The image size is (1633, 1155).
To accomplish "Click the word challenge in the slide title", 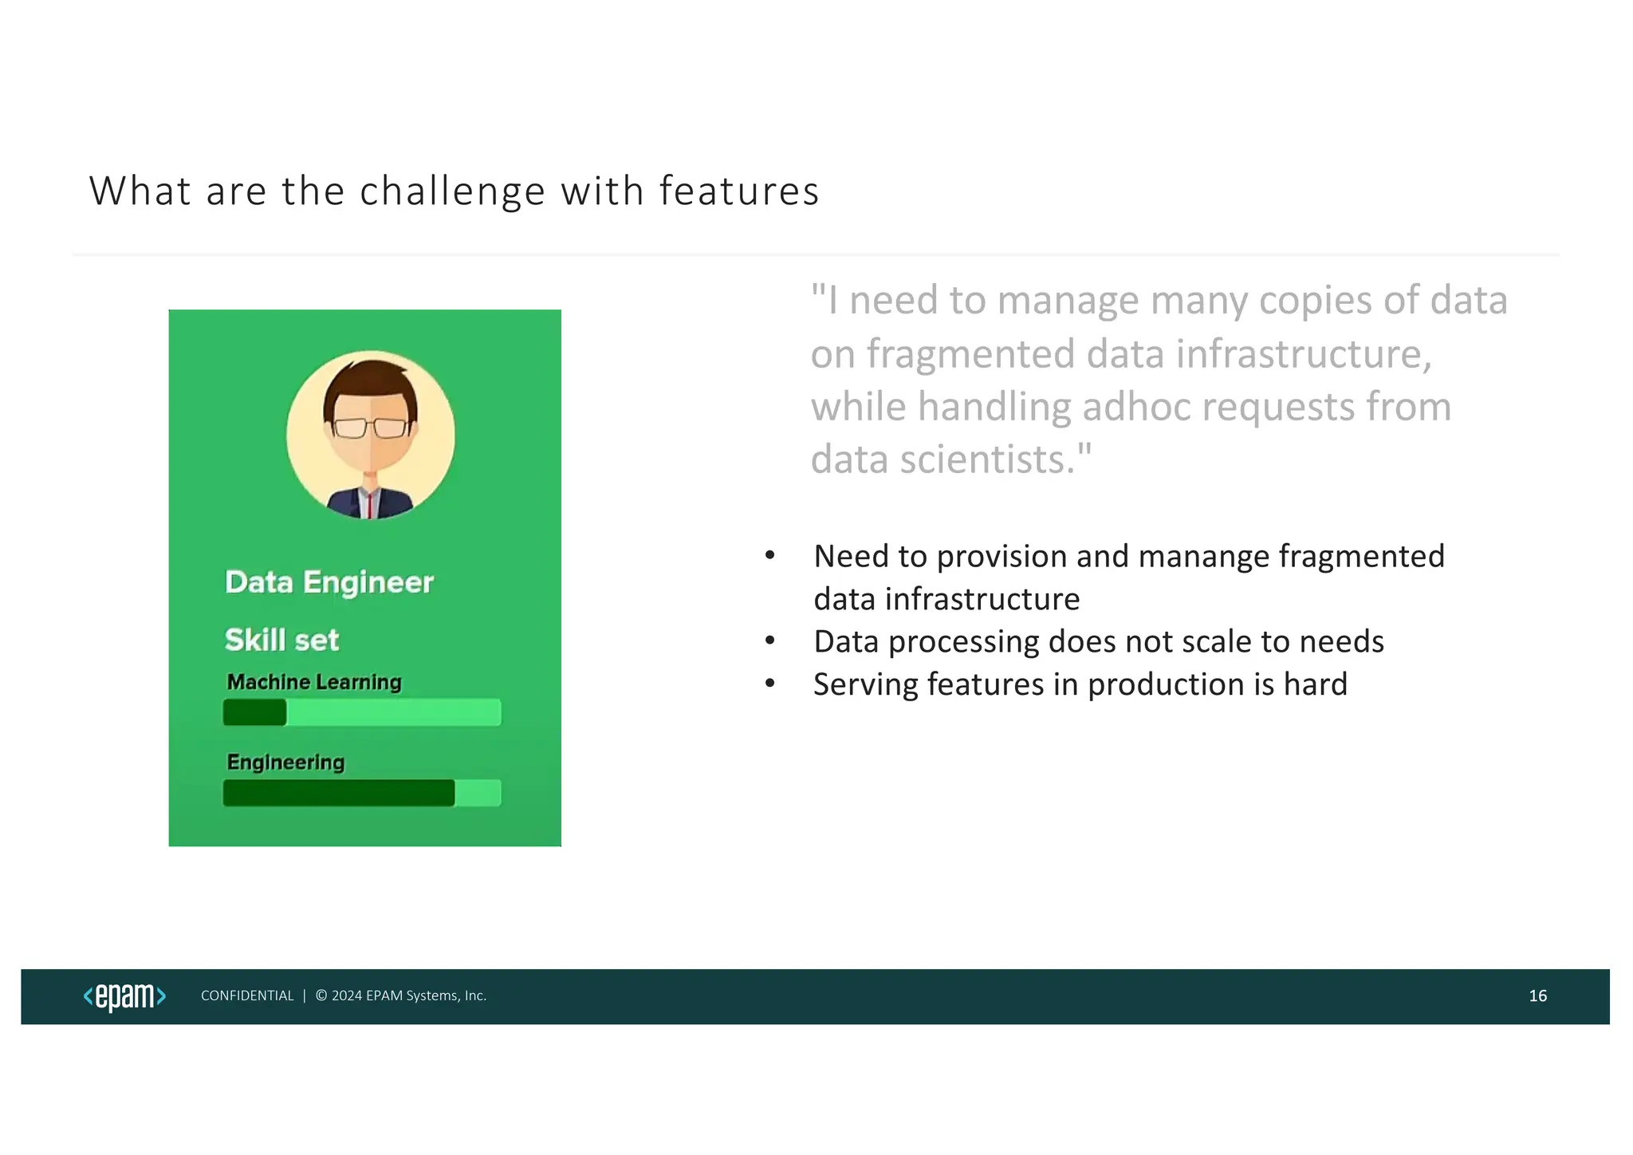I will pyautogui.click(x=452, y=192).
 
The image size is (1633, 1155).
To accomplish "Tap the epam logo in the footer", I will pyautogui.click(x=124, y=997).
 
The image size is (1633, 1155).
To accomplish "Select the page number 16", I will pyautogui.click(x=1537, y=996).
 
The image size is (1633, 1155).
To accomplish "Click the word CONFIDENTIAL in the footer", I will pyautogui.click(x=247, y=996).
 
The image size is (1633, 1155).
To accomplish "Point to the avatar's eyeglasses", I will pyautogui.click(x=370, y=428).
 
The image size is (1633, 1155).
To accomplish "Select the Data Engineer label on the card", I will pyautogui.click(x=329, y=582).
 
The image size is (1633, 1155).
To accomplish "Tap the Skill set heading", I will pyautogui.click(x=281, y=641).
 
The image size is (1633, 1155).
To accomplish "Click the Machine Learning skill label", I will pyautogui.click(x=314, y=683).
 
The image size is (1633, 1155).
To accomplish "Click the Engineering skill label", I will pyautogui.click(x=285, y=763).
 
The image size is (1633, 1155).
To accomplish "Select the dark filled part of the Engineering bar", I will pyautogui.click(x=338, y=794).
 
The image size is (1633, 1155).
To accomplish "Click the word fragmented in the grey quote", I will pyautogui.click(x=970, y=355).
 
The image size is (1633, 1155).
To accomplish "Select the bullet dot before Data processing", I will pyautogui.click(x=769, y=641).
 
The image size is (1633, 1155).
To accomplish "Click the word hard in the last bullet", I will pyautogui.click(x=1315, y=685).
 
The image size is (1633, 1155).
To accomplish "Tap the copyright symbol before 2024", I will pyautogui.click(x=321, y=995).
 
